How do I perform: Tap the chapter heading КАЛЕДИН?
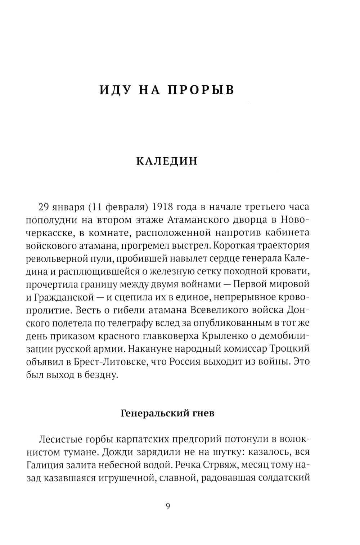point(167,161)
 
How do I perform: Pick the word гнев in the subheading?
point(201,413)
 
